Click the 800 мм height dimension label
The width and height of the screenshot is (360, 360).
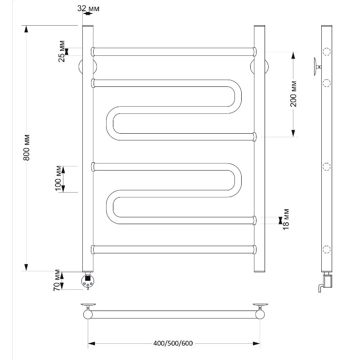coord(27,147)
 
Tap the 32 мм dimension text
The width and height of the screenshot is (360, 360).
coord(88,9)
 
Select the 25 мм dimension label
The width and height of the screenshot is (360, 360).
coord(62,51)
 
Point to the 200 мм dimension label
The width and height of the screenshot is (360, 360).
coord(293,94)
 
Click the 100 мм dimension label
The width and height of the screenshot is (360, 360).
coord(58,178)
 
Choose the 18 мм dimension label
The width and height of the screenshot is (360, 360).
coord(286,219)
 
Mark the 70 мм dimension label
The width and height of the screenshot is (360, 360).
coord(57,280)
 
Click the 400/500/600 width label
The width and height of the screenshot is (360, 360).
coord(173,343)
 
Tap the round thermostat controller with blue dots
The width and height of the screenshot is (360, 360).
coord(88,281)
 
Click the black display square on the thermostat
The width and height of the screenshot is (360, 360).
coord(88,278)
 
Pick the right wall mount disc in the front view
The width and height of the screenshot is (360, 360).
coord(259,67)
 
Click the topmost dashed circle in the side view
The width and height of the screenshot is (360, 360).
coord(327,52)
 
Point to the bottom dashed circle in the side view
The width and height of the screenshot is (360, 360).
coord(327,249)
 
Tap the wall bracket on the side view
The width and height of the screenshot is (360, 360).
coord(317,67)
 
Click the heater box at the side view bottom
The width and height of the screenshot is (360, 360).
coord(328,281)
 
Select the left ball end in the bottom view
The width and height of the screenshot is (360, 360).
coord(88,314)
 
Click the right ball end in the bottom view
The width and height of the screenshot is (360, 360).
coord(260,314)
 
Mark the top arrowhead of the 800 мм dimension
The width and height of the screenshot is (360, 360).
coord(27,29)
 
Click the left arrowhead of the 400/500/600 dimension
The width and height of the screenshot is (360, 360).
coord(91,343)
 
